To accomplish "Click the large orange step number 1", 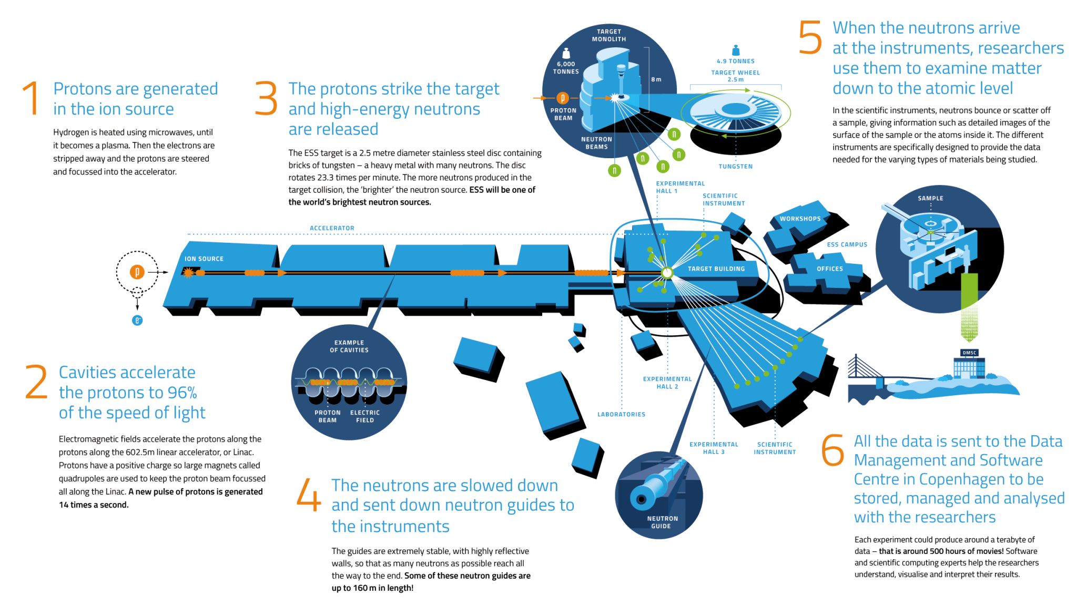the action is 32,98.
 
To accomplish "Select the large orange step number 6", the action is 833,450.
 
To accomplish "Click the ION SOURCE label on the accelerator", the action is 204,259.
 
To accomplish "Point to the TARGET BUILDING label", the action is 716,269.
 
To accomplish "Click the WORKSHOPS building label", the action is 800,219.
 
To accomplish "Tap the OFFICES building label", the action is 830,269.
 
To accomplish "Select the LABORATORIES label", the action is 621,414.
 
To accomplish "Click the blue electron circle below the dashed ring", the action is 137,320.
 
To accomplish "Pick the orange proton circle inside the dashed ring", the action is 137,272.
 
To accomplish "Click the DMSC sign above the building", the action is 969,353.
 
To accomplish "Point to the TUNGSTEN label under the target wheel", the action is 735,166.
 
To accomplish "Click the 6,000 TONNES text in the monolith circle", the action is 566,68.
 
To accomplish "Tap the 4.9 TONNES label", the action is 735,61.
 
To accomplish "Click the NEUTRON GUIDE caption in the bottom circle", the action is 662,522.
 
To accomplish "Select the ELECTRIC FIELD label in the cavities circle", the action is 365,416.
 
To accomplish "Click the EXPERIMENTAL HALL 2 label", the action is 667,383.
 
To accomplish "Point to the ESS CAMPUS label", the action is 847,244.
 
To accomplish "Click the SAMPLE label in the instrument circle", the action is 930,198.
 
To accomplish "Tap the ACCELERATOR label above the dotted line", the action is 332,228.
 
